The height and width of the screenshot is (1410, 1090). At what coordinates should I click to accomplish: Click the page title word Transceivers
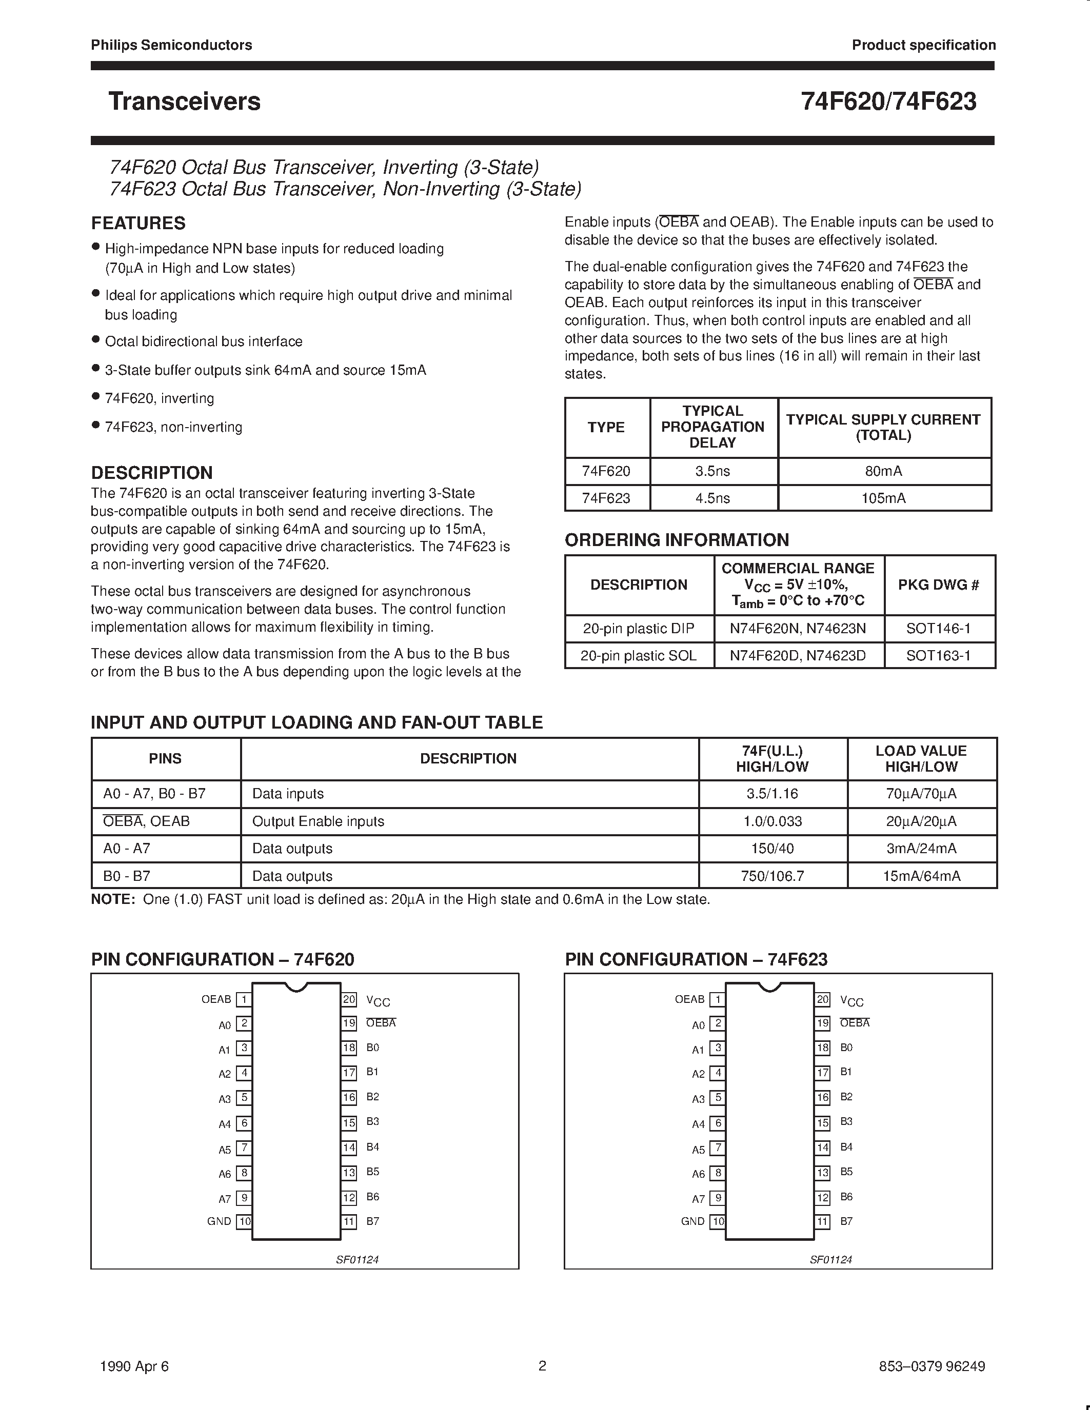[184, 102]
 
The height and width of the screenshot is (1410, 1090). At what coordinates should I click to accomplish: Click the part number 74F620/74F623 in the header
[888, 102]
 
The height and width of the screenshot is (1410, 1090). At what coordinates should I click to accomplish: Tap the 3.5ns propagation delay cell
[712, 471]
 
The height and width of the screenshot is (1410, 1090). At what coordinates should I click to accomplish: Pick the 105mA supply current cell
[883, 498]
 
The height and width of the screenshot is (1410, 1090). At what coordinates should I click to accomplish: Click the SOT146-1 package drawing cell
[938, 628]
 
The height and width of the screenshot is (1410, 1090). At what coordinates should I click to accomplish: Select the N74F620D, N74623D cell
[798, 656]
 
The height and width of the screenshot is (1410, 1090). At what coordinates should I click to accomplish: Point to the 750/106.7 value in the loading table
[772, 876]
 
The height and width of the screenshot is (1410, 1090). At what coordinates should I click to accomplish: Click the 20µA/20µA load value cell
[921, 821]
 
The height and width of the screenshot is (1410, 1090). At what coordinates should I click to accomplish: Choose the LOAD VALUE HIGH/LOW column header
[921, 759]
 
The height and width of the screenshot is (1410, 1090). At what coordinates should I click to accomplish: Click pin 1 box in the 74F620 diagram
[244, 1000]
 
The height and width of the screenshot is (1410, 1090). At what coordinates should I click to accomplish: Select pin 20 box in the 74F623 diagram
[822, 999]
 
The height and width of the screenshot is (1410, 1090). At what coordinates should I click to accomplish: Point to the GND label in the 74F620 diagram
[219, 1221]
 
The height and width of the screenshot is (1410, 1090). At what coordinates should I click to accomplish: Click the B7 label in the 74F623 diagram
[846, 1221]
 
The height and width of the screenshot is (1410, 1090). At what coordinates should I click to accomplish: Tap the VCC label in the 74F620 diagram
[378, 1001]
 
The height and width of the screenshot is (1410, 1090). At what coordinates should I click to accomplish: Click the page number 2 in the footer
[542, 1365]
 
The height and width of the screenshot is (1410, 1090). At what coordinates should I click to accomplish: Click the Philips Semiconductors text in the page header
[171, 45]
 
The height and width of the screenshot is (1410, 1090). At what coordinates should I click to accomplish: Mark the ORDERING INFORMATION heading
[676, 540]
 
